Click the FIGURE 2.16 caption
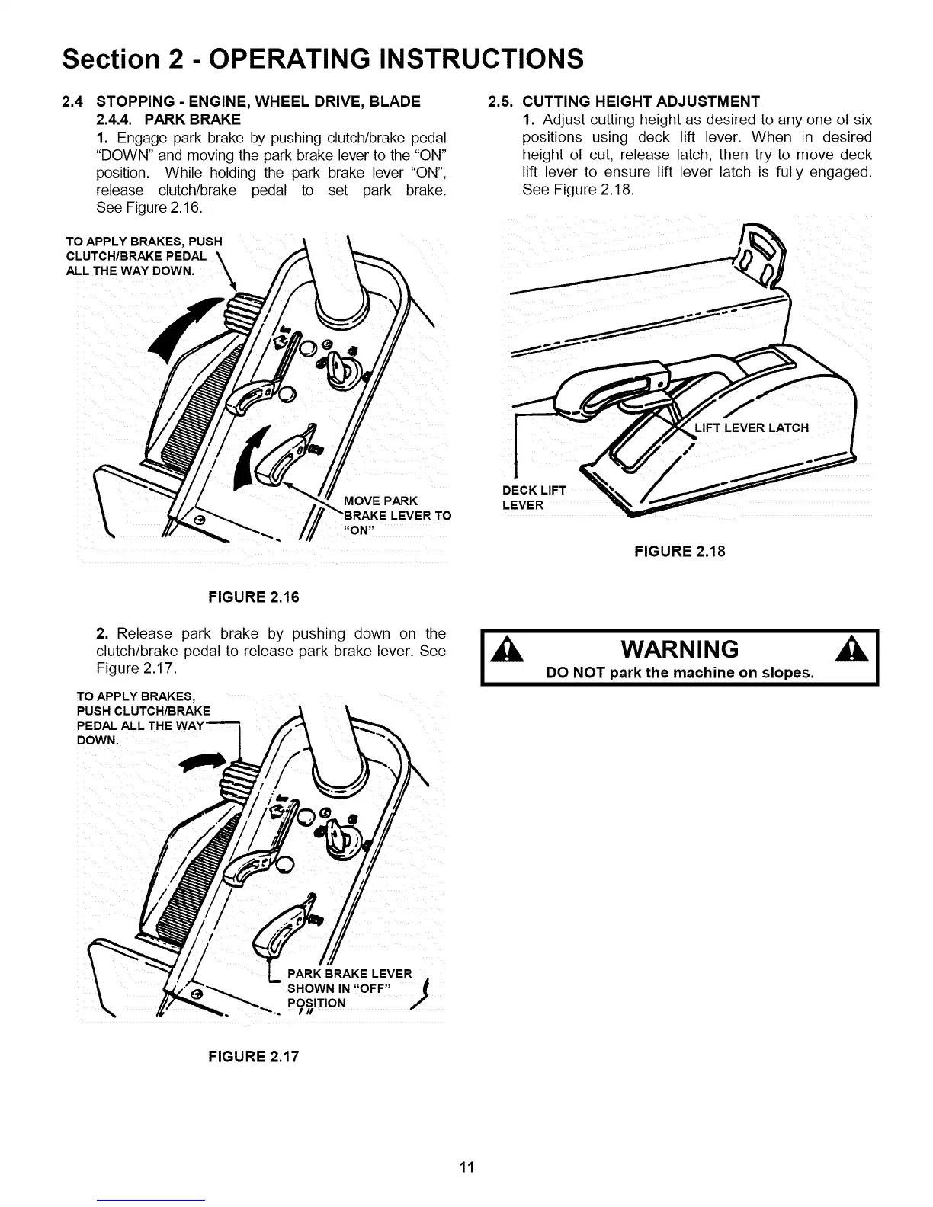coord(254,597)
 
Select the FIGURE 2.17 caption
coord(254,1057)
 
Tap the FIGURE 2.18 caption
coord(680,551)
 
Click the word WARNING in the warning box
coord(680,650)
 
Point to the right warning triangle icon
coord(862,652)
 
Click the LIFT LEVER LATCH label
coord(752,427)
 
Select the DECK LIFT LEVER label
coord(534,498)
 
